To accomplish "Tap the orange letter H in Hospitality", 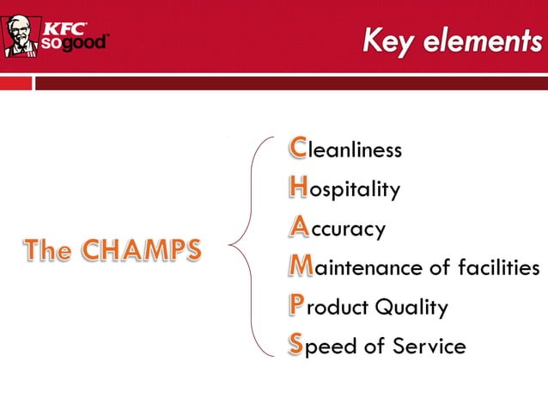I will [x=298, y=188].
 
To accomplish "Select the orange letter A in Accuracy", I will [x=298, y=228].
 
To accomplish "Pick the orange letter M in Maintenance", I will [x=301, y=267].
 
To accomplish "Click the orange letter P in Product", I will [x=296, y=306].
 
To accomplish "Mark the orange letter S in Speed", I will [x=296, y=346].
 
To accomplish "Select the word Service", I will [x=429, y=347].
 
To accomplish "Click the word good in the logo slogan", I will [x=86, y=44].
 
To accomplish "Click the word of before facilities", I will [x=439, y=268].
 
